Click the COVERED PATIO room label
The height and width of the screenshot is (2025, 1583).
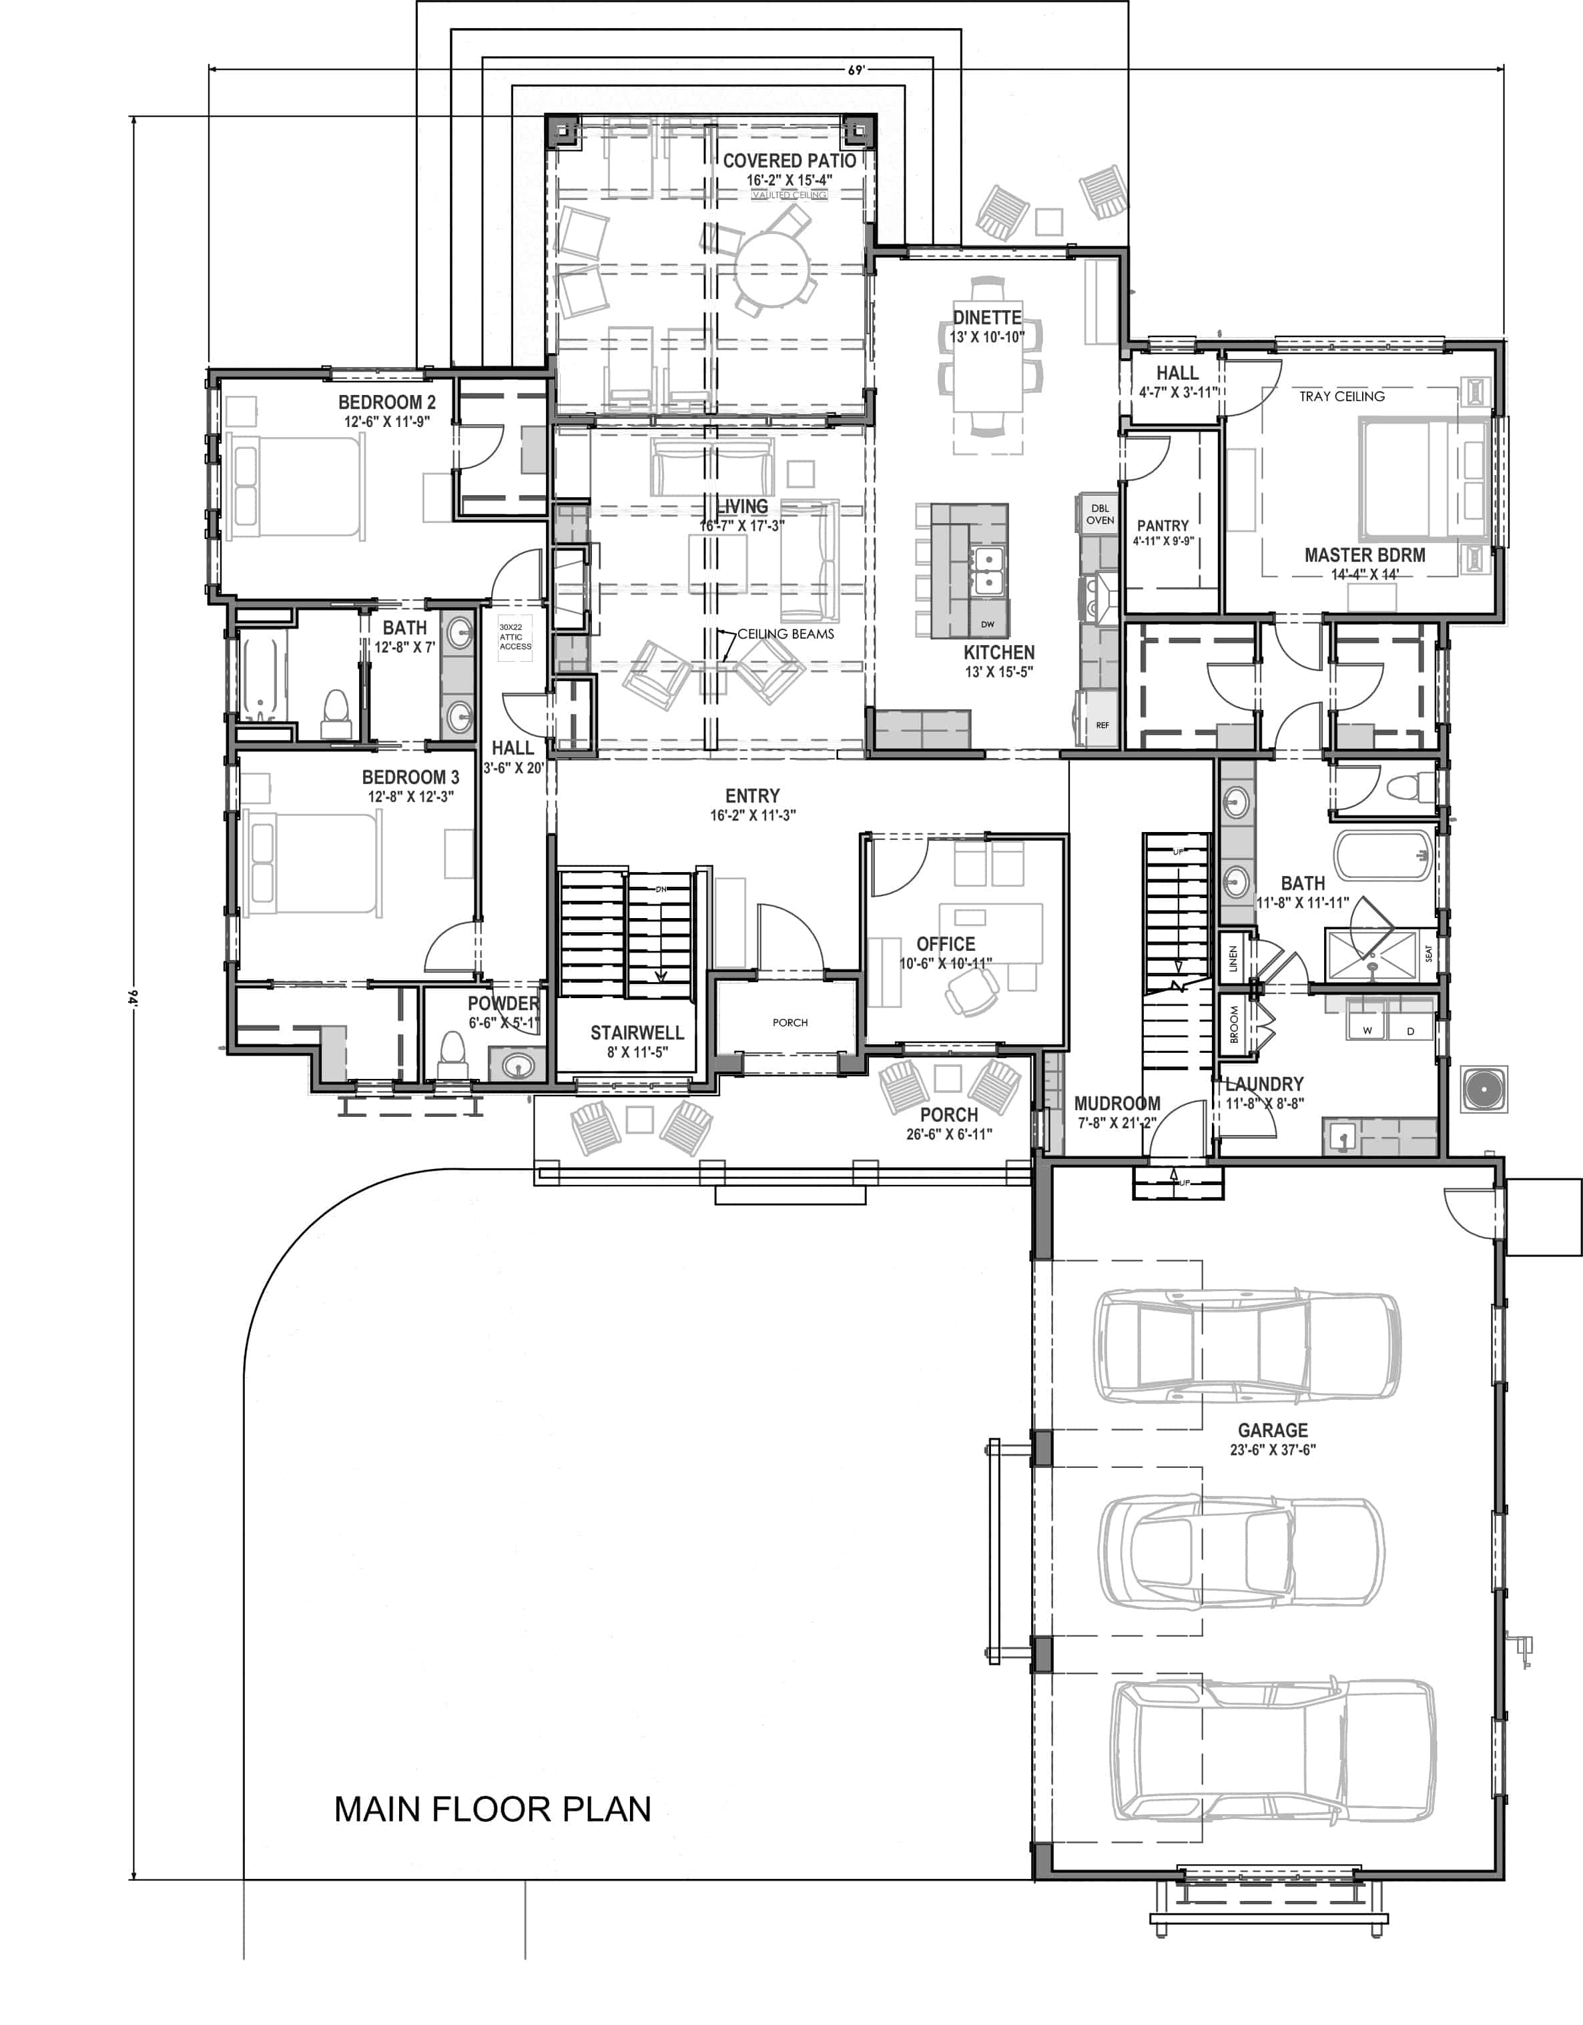click(x=789, y=160)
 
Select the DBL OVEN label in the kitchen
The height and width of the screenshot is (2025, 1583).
click(x=1100, y=514)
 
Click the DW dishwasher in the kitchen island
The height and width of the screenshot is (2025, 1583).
click(x=987, y=624)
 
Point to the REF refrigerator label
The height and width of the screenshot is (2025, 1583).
click(x=1102, y=725)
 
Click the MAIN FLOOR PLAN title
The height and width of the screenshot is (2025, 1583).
click(x=493, y=1808)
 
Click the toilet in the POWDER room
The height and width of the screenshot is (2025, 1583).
click(x=452, y=1052)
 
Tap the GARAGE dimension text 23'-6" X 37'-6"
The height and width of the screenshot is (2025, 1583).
click(x=1272, y=1449)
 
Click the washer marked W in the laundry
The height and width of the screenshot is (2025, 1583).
click(x=1367, y=1030)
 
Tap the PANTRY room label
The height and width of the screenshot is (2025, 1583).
click(x=1162, y=526)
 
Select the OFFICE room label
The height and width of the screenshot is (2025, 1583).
click(x=945, y=944)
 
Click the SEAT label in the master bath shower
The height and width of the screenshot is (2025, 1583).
click(x=1428, y=953)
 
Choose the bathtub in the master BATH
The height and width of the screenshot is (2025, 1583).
click(x=1381, y=854)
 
